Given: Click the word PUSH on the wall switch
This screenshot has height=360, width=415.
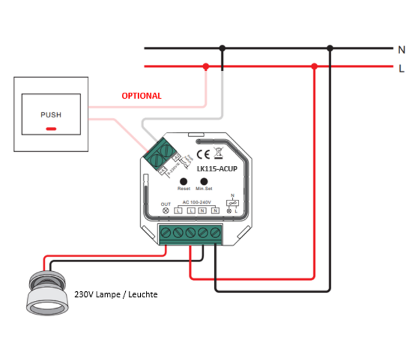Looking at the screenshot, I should coord(51,115).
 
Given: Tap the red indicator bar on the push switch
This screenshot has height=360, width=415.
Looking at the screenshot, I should coord(51,128).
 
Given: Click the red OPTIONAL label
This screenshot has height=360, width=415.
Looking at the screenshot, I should coord(141,95).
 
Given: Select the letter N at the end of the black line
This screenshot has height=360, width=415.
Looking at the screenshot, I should coord(401,49).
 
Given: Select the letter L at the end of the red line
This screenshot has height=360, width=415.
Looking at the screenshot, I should coord(401,67).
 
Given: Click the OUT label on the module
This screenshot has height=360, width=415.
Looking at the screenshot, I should coord(165,204).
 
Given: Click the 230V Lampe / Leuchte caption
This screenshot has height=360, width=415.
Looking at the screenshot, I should coord(116,294).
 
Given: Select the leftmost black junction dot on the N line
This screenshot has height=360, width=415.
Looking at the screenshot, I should coord(222,48).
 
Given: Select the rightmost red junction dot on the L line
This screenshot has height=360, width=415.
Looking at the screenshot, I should coord(314,66).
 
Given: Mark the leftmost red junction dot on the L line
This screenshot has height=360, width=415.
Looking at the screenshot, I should coord(206,66).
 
